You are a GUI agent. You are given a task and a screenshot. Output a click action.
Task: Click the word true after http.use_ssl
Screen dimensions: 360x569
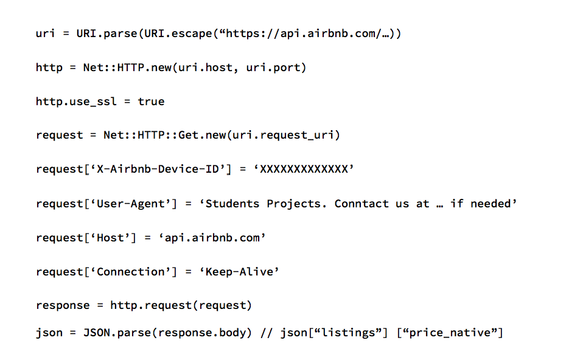point(151,102)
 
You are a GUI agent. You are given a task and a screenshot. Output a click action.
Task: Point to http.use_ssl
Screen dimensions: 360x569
point(76,102)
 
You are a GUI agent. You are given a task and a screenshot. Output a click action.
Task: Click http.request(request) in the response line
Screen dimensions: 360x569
point(181,305)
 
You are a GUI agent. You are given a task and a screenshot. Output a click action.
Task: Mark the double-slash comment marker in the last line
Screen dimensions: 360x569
point(266,333)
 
